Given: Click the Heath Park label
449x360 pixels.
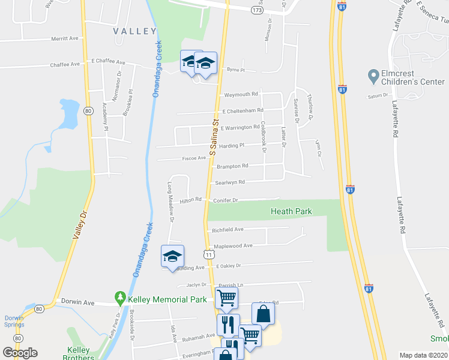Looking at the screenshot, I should coord(292,211).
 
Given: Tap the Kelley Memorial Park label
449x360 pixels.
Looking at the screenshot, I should coord(166,298).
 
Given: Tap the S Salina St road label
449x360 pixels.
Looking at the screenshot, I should coord(214,134).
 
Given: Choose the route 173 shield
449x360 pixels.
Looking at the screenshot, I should coord(258,11).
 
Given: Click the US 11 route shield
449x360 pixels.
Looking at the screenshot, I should coord(208,255).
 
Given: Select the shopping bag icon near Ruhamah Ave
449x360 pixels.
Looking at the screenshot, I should coord(263,313).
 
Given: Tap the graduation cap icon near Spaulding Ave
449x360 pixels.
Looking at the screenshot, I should coord(172,256).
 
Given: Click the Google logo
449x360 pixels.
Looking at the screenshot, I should coord(20,353).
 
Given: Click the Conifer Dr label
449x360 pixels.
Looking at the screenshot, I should coord(226,201).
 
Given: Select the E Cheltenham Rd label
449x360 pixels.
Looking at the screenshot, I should coord(243,111).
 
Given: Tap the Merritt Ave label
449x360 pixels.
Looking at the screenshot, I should coord(65,38).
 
